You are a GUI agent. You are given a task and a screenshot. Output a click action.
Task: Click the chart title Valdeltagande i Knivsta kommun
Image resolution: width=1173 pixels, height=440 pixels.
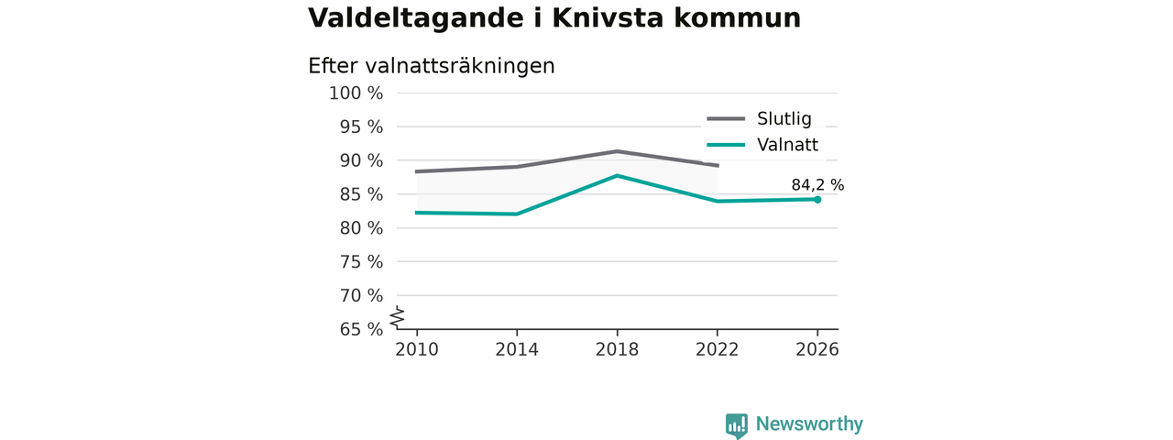(x=554, y=18)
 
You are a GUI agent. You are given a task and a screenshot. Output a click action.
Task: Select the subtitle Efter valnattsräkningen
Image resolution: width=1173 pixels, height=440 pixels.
(x=431, y=66)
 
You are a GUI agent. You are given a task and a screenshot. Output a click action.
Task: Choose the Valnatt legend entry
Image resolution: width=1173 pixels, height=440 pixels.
(x=762, y=145)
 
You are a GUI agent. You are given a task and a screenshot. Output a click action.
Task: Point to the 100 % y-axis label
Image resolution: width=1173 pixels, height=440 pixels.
(x=356, y=93)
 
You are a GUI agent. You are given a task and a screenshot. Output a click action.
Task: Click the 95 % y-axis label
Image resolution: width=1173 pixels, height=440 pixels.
(x=361, y=126)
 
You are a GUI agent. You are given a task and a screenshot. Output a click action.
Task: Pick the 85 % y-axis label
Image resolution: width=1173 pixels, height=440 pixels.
(x=361, y=194)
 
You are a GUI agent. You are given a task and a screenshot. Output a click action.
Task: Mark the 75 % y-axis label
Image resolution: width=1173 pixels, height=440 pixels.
(x=361, y=262)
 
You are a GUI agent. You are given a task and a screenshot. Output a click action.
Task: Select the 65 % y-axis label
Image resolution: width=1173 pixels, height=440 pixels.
(x=361, y=329)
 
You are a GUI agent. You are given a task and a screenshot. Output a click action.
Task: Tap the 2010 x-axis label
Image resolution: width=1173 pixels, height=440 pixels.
(x=417, y=349)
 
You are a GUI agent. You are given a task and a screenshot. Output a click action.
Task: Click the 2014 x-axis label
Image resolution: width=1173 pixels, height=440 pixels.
(x=517, y=349)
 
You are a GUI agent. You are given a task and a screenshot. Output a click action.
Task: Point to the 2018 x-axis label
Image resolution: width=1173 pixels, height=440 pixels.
(x=617, y=349)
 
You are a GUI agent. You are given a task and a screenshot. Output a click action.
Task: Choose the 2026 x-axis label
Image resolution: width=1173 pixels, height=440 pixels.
(x=817, y=349)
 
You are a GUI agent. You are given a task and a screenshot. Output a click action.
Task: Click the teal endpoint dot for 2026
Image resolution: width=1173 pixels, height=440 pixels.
(x=817, y=200)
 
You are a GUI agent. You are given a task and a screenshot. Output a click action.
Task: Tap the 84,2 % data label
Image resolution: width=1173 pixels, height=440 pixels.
(x=817, y=185)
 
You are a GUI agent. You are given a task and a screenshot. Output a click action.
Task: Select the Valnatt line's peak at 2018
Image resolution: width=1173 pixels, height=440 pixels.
(x=618, y=175)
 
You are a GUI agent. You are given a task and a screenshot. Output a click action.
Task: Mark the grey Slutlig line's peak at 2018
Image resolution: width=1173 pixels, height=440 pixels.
(x=618, y=151)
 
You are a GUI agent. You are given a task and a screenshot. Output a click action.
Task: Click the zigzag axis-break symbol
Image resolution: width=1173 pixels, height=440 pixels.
(x=398, y=317)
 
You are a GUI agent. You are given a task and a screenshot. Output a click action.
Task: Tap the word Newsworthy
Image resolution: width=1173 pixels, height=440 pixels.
(x=809, y=423)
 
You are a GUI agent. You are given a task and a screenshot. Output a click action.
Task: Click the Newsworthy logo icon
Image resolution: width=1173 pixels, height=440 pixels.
(x=737, y=425)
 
